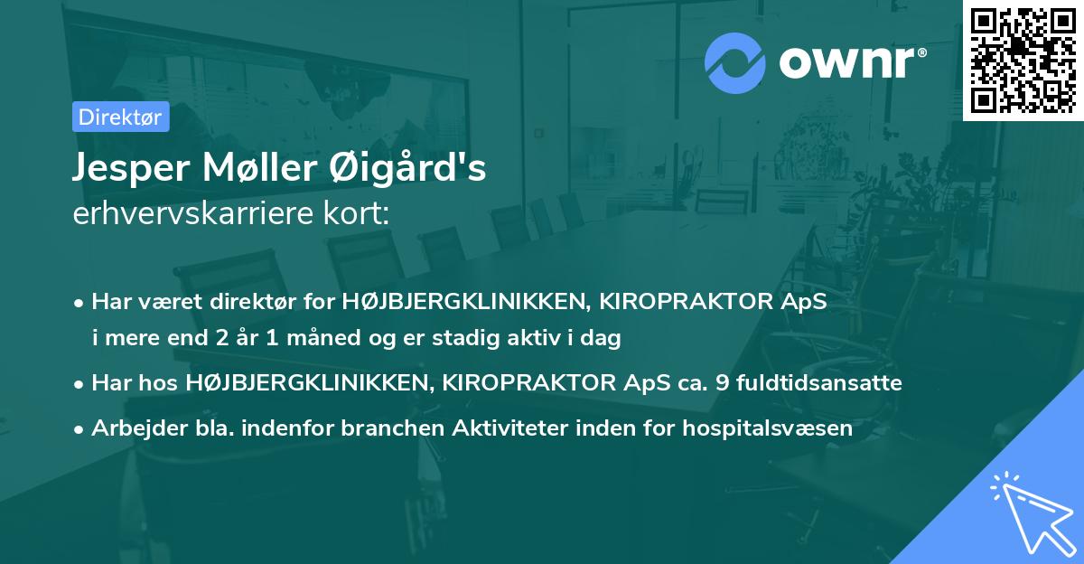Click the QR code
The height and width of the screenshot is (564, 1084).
(x=1023, y=60)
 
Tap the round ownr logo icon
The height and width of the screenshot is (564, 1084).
(x=734, y=63)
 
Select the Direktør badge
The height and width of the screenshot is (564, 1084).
(x=120, y=117)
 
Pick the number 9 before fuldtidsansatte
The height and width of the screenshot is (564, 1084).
(x=722, y=383)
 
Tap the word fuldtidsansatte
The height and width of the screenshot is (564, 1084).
(x=819, y=383)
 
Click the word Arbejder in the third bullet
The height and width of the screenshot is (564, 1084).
(x=133, y=428)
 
